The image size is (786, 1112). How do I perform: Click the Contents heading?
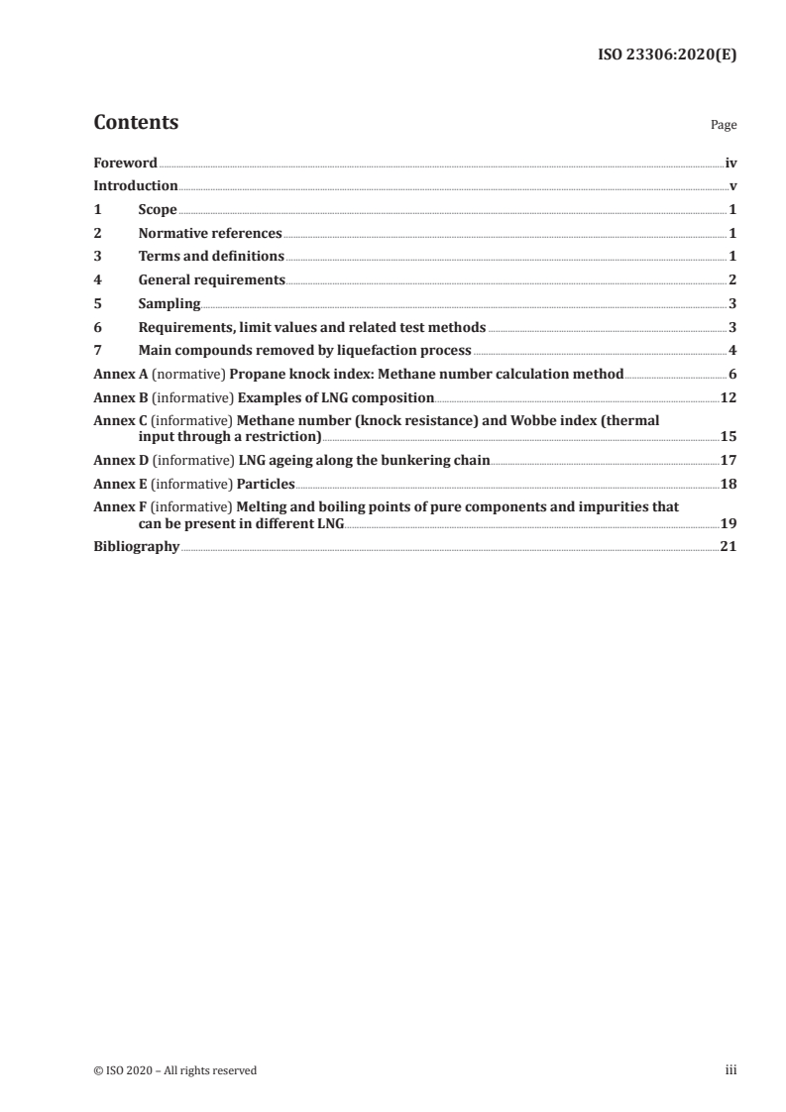click(x=136, y=123)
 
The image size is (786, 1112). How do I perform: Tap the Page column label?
click(x=724, y=126)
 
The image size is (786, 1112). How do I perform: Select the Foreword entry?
click(x=125, y=163)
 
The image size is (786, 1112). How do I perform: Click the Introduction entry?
click(x=136, y=185)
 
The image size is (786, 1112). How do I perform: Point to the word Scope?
click(x=158, y=209)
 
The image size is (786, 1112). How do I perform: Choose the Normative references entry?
click(x=210, y=233)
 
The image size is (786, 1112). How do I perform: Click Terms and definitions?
click(x=211, y=257)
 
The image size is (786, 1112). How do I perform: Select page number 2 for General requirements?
click(x=731, y=280)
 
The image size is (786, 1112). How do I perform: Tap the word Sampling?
click(x=169, y=303)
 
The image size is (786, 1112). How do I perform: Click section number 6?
click(x=97, y=327)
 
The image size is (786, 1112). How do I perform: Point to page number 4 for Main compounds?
click(x=731, y=350)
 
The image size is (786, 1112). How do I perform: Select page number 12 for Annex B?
click(x=728, y=397)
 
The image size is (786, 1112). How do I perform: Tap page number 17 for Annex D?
click(x=728, y=460)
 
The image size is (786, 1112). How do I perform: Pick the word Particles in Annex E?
click(x=267, y=484)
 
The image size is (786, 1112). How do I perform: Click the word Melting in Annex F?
click(x=265, y=506)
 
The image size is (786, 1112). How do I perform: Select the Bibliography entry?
click(x=136, y=546)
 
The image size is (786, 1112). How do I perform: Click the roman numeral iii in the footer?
click(x=731, y=1069)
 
